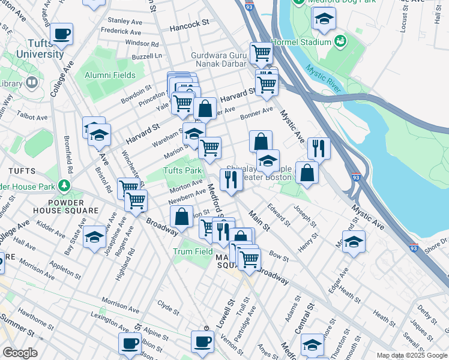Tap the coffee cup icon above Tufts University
point(62,34)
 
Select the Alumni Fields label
point(110,75)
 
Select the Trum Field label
point(193,251)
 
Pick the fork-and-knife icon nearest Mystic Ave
point(319,148)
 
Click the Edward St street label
point(279,216)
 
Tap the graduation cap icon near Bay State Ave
point(95,237)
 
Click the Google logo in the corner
point(20,353)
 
